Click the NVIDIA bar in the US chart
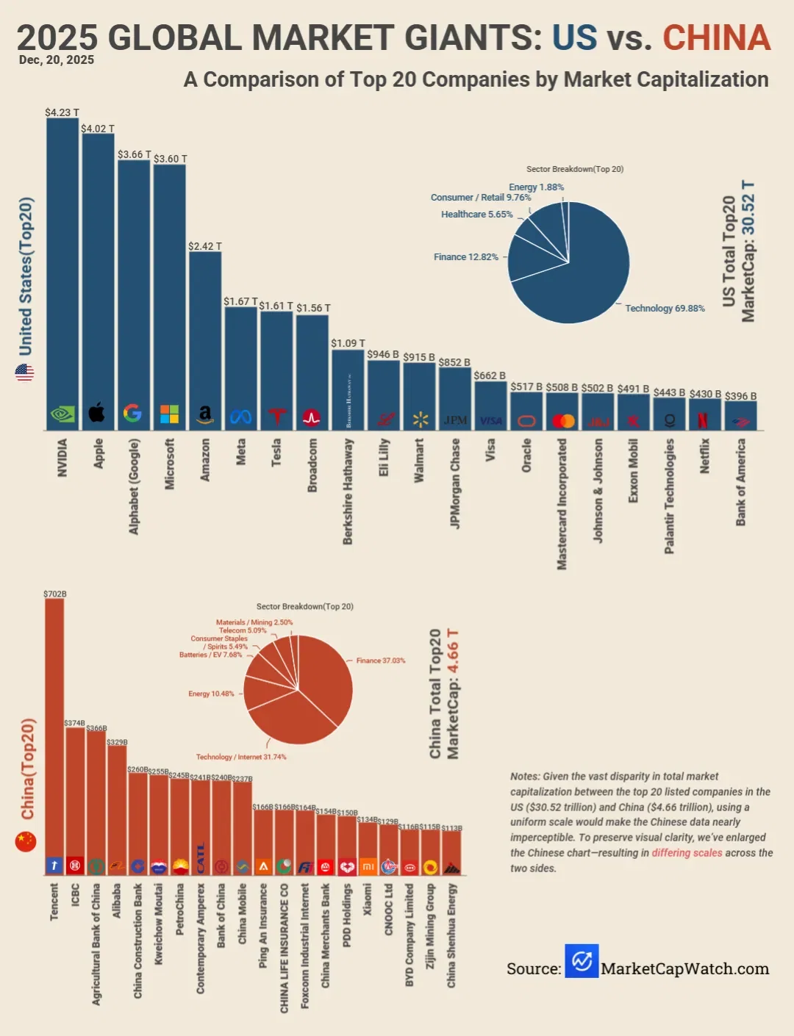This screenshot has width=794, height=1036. [x=62, y=272]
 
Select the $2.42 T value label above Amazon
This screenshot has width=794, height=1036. [x=204, y=246]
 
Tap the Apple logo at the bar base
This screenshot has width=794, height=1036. [x=97, y=414]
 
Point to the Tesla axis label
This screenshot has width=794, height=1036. [x=276, y=453]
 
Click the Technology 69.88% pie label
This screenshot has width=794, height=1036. [x=665, y=309]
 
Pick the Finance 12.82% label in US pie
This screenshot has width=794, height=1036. [x=466, y=257]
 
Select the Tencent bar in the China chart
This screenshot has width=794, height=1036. [x=54, y=735]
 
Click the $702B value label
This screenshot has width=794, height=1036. [x=55, y=594]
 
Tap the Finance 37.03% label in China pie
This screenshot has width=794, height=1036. [x=381, y=661]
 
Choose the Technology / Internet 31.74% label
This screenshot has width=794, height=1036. [x=241, y=757]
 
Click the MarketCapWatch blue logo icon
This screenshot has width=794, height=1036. [x=582, y=961]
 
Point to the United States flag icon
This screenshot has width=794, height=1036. [x=24, y=373]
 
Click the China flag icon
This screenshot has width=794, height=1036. [x=26, y=841]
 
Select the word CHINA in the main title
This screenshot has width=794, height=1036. [x=716, y=38]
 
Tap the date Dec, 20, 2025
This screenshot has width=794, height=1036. [x=57, y=60]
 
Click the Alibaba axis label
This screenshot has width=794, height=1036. [x=116, y=901]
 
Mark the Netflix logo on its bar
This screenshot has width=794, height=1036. [x=703, y=420]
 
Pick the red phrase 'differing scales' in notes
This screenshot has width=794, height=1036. [x=687, y=853]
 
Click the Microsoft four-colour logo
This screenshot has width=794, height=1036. [x=169, y=414]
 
